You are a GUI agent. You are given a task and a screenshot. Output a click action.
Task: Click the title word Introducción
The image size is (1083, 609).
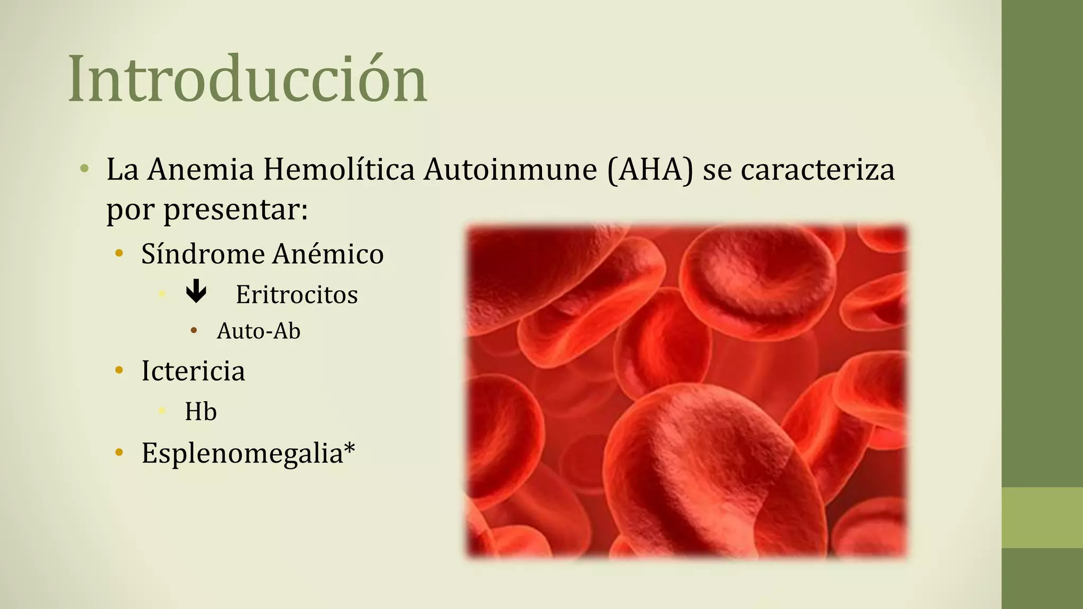247,79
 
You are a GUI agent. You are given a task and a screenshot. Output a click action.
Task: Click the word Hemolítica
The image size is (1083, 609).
338,170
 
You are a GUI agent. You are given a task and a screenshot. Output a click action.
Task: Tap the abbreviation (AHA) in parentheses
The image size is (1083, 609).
650,170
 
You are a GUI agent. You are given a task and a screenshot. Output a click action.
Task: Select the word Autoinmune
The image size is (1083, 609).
510,170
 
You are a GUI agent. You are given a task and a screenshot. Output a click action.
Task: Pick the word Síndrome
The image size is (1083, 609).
203,254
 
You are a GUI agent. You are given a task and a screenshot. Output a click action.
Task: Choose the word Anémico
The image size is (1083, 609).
328,254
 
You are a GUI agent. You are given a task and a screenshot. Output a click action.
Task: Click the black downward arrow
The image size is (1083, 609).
196,292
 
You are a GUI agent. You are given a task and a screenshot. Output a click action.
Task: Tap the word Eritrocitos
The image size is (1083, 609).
297,294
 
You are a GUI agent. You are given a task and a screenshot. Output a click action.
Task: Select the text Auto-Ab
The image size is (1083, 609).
259,331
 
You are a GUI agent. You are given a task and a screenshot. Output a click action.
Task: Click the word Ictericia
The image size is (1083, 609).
193,371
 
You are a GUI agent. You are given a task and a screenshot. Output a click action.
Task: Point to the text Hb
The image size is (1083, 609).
200,412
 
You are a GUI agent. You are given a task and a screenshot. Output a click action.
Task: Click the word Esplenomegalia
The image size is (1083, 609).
242,454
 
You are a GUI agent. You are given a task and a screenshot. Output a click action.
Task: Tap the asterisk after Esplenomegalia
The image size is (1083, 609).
350,449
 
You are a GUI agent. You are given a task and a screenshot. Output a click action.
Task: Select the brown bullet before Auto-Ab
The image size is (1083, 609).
194,331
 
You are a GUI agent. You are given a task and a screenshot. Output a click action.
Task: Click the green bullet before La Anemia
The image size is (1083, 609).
84,169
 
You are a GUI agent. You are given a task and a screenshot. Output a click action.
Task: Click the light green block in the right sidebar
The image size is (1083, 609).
1042,517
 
